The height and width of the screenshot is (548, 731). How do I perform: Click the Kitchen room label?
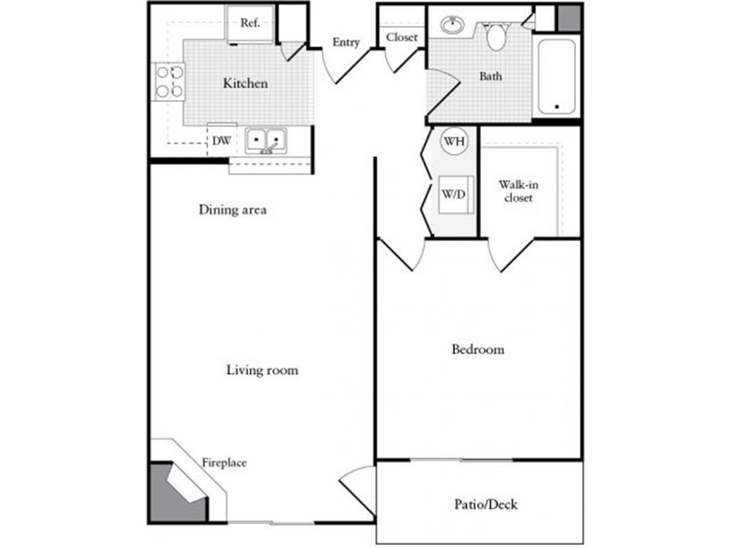(x=246, y=83)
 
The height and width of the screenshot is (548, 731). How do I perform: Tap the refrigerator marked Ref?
(x=250, y=24)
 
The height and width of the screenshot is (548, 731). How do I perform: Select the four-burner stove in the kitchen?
(x=169, y=82)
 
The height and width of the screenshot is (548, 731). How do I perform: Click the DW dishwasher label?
(x=221, y=141)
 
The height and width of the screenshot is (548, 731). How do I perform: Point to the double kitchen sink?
(x=266, y=141)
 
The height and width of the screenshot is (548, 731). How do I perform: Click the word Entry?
(x=346, y=43)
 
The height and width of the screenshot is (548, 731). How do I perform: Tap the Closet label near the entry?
(x=401, y=37)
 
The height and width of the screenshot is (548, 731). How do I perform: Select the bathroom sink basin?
(x=452, y=25)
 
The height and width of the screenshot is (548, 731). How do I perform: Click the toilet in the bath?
(x=497, y=36)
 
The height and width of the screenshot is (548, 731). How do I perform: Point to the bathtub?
(x=557, y=77)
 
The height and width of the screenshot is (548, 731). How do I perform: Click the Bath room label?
(x=491, y=76)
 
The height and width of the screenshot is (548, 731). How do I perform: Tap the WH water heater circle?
(x=454, y=141)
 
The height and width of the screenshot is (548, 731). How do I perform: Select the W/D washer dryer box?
(x=455, y=194)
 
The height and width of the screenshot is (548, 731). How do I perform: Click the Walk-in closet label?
(x=518, y=191)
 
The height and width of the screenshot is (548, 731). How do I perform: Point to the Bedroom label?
(x=478, y=350)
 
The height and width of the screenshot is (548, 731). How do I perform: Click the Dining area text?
(x=233, y=210)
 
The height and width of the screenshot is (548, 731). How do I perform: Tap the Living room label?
(x=262, y=370)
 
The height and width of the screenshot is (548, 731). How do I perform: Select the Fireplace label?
(x=224, y=462)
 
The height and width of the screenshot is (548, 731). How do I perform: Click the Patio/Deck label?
(x=485, y=504)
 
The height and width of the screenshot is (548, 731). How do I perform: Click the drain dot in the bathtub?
(x=557, y=107)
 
